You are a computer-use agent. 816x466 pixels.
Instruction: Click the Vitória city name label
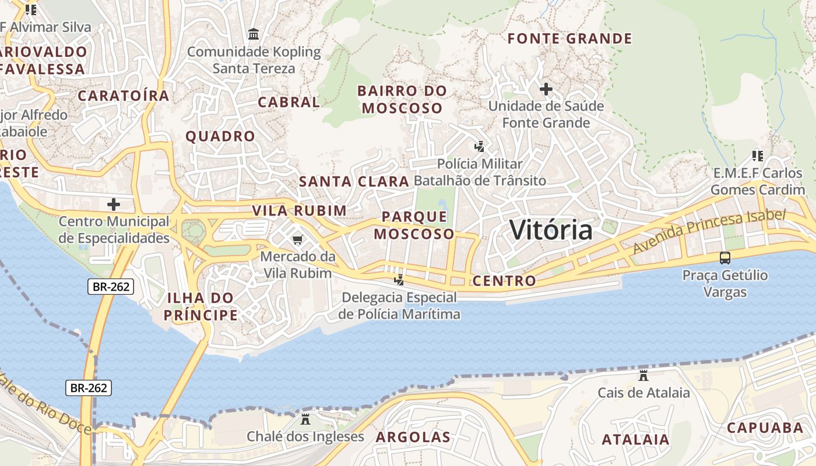[551, 230]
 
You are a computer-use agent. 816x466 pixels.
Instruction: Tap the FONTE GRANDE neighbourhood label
[569, 39]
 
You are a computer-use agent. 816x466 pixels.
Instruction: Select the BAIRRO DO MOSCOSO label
[402, 100]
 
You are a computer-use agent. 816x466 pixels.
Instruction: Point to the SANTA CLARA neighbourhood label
[354, 181]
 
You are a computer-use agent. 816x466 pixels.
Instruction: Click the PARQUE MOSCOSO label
[414, 225]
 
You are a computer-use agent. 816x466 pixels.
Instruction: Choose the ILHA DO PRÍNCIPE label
[201, 306]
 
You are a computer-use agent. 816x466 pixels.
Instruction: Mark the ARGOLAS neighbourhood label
[413, 437]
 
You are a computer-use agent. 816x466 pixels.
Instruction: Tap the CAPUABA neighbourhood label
[765, 428]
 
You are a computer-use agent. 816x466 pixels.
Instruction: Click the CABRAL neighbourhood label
[289, 102]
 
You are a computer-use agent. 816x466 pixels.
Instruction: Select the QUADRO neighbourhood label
[220, 137]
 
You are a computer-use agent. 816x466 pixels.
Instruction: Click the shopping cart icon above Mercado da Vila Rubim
[298, 239]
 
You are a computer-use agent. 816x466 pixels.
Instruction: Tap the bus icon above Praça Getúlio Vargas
[725, 257]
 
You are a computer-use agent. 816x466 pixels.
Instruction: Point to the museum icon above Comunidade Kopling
[254, 34]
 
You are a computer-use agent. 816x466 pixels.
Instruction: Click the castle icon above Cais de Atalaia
[643, 375]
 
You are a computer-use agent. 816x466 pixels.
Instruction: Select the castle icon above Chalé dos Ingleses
[305, 419]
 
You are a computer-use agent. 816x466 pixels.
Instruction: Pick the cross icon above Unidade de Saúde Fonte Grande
[546, 89]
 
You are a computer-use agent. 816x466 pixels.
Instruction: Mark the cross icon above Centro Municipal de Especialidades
[114, 204]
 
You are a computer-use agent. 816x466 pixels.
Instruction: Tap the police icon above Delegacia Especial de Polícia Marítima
[399, 280]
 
